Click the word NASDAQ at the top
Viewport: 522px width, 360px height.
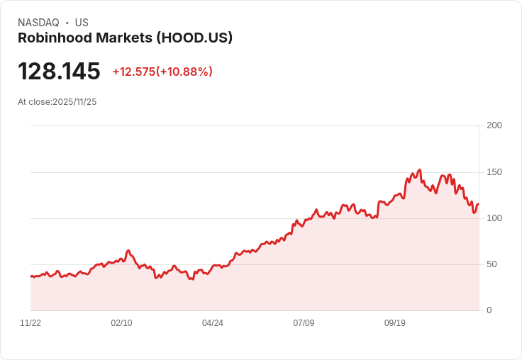38,23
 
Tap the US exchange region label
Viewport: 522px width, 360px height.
82,23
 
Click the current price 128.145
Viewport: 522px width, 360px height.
59,72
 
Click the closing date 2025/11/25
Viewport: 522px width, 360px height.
74,102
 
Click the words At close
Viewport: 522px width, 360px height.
34,102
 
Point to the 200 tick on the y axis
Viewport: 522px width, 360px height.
494,125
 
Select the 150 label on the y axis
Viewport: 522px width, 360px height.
494,172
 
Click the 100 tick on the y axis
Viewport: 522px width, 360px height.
494,218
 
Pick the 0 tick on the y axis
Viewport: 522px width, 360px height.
489,310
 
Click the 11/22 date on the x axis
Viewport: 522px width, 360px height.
30,323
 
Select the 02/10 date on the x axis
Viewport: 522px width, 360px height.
121,323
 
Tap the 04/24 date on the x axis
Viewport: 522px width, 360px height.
213,323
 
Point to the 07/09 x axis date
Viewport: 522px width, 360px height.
304,323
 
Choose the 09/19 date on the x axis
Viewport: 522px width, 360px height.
395,323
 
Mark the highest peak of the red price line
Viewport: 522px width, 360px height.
420,170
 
